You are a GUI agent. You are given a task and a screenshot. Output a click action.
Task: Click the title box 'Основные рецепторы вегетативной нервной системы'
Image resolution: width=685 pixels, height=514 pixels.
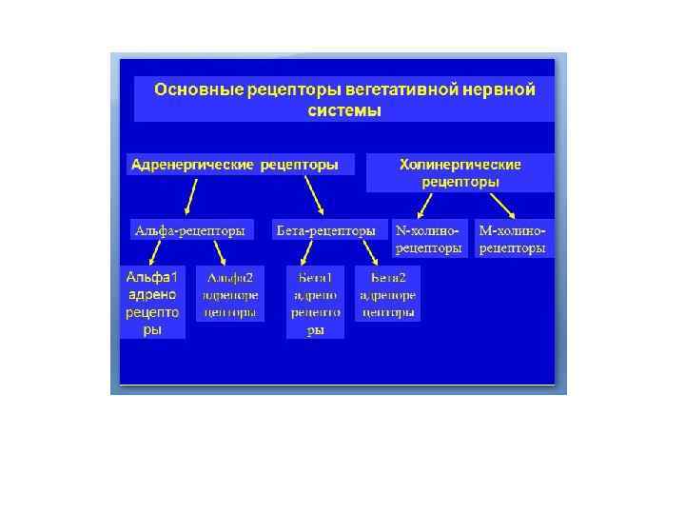(x=344, y=99)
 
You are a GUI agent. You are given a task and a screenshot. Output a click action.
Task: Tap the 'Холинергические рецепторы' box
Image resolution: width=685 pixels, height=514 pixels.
(x=460, y=172)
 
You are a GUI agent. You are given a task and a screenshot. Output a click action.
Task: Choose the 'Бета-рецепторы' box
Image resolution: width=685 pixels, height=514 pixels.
(x=324, y=230)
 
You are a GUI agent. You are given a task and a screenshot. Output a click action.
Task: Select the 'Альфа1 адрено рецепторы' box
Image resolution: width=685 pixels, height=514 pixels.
(x=152, y=303)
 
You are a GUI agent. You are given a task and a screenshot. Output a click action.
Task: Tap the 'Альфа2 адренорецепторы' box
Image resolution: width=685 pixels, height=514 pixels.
(x=229, y=294)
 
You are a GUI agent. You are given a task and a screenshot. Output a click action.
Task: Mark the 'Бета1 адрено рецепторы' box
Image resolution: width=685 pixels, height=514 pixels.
(x=315, y=302)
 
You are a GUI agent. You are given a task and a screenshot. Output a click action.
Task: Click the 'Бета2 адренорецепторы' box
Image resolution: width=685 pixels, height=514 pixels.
(x=387, y=294)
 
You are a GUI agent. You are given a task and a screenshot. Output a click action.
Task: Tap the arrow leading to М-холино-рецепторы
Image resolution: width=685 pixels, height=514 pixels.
(x=503, y=205)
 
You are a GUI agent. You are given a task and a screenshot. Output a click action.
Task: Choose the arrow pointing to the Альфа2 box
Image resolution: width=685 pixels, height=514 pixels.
(x=220, y=253)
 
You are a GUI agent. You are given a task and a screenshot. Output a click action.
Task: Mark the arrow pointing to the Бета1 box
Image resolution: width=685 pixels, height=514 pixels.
(x=307, y=253)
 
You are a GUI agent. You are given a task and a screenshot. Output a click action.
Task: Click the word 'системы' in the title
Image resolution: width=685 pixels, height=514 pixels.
(x=344, y=110)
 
